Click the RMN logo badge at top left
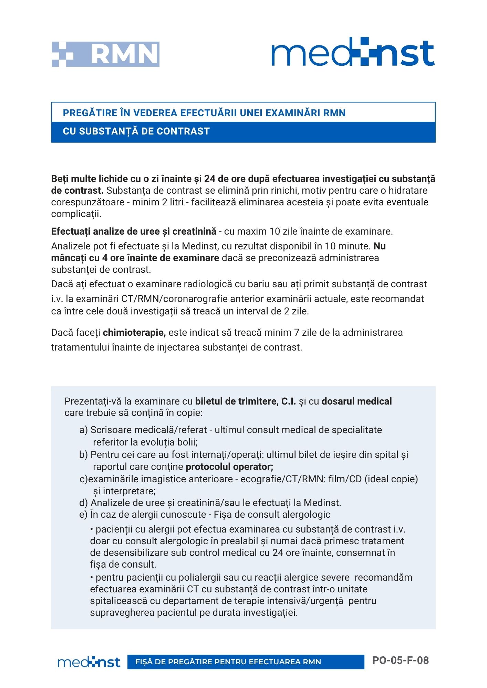(x=105, y=54)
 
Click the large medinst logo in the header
(x=353, y=52)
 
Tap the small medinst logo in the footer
(x=89, y=662)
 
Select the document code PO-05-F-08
(x=400, y=660)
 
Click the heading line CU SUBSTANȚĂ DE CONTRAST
(x=136, y=131)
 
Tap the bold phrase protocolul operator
(x=229, y=467)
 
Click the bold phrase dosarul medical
(x=356, y=401)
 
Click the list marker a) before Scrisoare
(x=83, y=430)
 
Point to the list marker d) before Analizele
(x=83, y=503)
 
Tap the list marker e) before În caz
(x=83, y=515)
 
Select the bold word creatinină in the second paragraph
(x=194, y=232)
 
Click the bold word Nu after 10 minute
(x=380, y=246)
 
